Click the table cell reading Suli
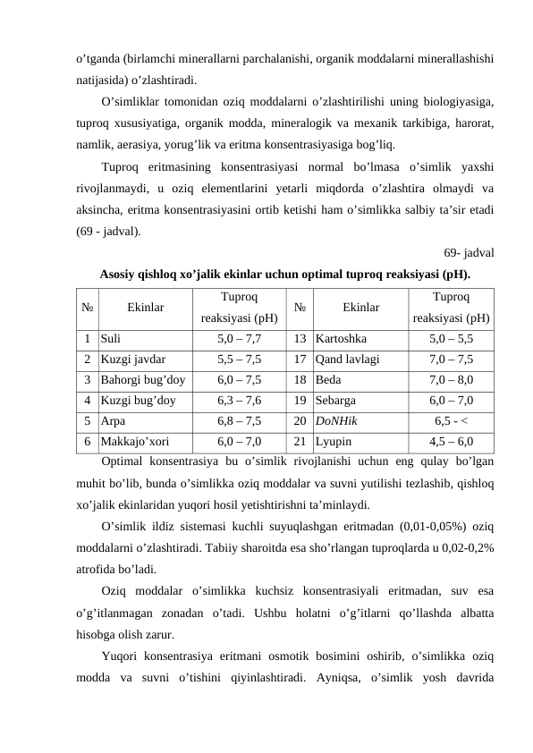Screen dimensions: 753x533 point(112,340)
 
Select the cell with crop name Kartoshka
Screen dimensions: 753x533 point(341,340)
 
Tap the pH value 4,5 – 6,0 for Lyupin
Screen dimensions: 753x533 point(451,441)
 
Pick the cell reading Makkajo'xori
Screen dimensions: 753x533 point(134,441)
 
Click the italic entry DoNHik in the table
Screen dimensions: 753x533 point(336,421)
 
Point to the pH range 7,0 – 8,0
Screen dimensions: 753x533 point(451,380)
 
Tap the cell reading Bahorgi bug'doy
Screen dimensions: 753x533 point(143,380)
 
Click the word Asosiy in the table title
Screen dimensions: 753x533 point(119,274)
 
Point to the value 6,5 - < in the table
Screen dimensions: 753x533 point(451,421)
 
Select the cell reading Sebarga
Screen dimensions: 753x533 point(336,401)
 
